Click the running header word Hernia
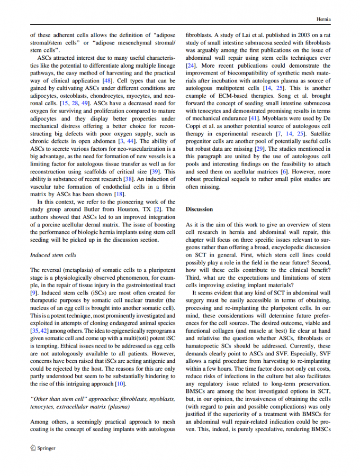(x=323, y=19)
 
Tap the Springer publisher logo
(x=43, y=447)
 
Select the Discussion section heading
(x=199, y=209)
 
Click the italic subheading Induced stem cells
(x=53, y=254)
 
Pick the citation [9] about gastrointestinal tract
(x=34, y=292)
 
